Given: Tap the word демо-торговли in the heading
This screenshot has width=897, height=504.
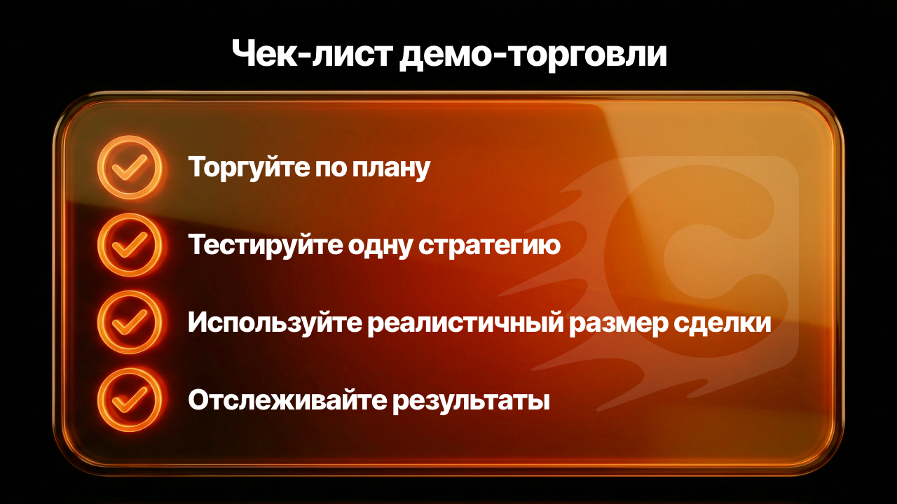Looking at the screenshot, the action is (x=533, y=55).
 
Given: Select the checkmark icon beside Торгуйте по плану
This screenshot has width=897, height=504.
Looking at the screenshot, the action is (x=130, y=167).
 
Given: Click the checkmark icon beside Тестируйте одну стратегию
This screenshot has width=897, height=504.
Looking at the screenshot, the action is (x=130, y=245).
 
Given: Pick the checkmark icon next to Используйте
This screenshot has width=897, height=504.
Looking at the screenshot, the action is (x=130, y=323).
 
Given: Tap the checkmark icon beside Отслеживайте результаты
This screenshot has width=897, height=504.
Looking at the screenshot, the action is (x=130, y=400).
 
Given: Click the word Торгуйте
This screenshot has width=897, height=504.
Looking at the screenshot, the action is (x=248, y=168).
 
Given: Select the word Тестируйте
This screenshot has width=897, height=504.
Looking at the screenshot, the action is (x=265, y=246).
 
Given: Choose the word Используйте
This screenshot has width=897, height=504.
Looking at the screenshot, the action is (x=275, y=323).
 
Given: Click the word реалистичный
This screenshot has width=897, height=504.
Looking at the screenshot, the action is (x=466, y=323).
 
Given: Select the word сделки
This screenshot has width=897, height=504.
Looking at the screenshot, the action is (x=722, y=323).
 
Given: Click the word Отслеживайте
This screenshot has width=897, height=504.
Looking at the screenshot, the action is (x=287, y=400).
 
